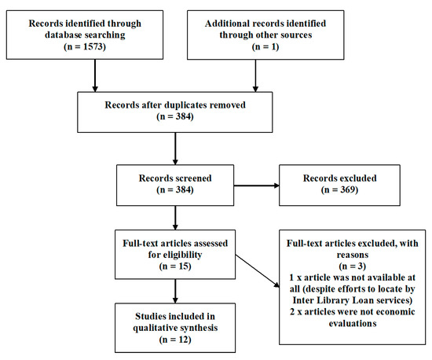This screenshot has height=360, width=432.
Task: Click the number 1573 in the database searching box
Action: coord(93,46)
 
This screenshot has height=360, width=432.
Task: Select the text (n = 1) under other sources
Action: coord(265,46)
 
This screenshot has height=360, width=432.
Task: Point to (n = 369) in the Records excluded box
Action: coord(339,189)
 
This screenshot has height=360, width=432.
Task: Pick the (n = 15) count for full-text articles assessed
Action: coord(175,266)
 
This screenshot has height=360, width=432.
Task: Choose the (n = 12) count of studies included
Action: coord(175,339)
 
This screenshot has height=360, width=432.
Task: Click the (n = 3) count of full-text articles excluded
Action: coord(353,266)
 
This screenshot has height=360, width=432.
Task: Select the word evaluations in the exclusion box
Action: coord(353,323)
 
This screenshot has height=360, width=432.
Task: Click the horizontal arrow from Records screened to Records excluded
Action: coord(257,186)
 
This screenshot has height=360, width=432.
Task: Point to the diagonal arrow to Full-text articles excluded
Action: coord(258,271)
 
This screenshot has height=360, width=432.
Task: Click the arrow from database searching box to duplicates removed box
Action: coord(95,75)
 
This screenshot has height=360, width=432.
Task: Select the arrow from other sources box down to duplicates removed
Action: coord(255,75)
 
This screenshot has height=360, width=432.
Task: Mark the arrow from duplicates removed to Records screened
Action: coord(175,149)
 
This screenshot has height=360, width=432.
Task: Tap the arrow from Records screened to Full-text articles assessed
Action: coord(175,218)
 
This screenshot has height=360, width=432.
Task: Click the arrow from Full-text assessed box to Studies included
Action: coord(175,291)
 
